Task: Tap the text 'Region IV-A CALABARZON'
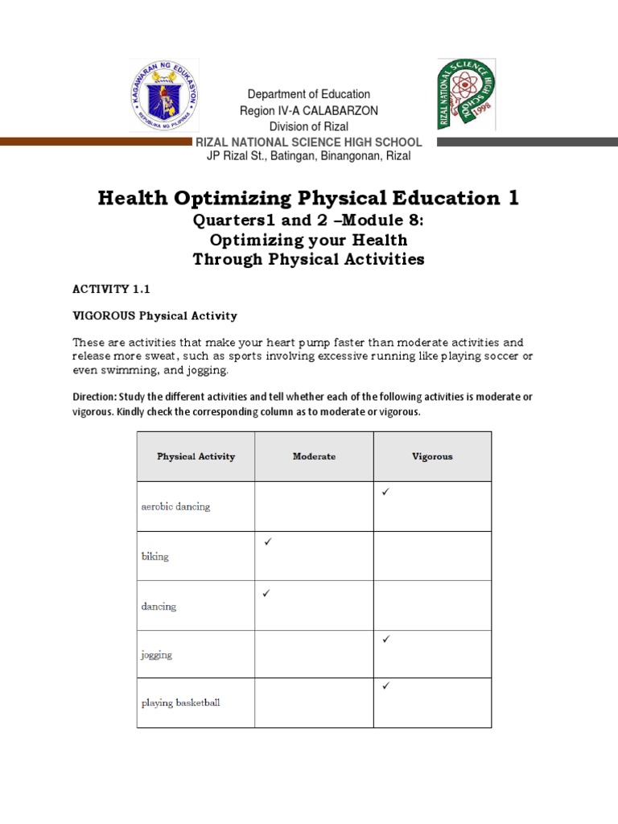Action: coord(309,110)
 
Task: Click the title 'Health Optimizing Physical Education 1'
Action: coord(309,199)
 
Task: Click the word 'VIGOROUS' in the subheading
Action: coord(104,315)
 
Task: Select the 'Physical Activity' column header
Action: coord(196,456)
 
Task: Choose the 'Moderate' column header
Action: coord(314,456)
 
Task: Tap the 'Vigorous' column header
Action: coord(432,456)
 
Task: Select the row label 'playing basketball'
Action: coord(181,702)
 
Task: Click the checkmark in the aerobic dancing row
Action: coord(385,492)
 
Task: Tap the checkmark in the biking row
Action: coord(267,542)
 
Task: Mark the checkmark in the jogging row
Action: coord(385,639)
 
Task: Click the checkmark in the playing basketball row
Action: coord(385,686)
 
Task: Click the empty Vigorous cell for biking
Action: coord(432,556)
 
